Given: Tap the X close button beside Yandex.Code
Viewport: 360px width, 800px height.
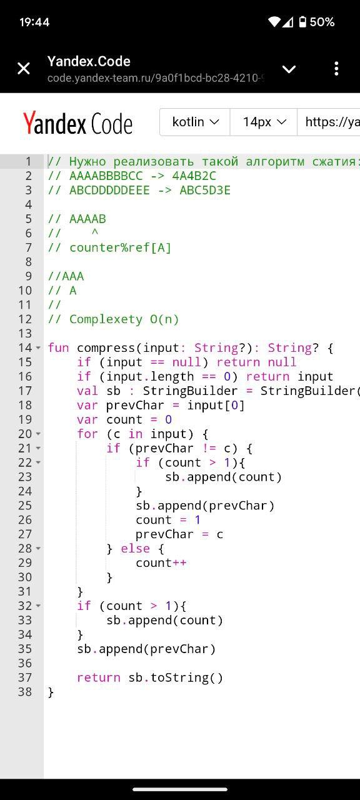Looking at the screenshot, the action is (24, 68).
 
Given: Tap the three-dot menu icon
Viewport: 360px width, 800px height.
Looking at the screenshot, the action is (336, 68).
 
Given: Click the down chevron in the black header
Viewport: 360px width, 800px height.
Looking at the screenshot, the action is (289, 69).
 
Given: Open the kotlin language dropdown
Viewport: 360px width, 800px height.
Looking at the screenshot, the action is (195, 122).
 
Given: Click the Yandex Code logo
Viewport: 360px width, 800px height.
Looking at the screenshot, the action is (78, 123).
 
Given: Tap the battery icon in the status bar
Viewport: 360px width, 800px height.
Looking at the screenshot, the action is (302, 22).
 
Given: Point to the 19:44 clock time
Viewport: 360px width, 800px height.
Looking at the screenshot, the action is (34, 22).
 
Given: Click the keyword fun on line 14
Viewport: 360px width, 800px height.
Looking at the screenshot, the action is (58, 347).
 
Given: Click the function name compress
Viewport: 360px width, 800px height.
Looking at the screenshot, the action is (106, 348).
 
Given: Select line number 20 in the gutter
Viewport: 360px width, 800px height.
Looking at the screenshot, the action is (25, 434).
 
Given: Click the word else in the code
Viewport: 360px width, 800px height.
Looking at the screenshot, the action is (135, 548).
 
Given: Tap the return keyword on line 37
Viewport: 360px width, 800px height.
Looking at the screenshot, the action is (99, 677).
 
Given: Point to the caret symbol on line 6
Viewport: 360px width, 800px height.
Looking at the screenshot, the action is (94, 232).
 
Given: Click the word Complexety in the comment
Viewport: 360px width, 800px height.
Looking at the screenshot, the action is (106, 319).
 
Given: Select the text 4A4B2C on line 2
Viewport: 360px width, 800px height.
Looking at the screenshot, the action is (194, 176).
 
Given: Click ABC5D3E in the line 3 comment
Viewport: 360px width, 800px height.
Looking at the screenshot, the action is (205, 191).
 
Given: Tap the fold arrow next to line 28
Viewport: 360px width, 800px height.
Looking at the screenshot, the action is (38, 548).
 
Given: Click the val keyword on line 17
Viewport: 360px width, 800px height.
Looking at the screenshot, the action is (87, 391).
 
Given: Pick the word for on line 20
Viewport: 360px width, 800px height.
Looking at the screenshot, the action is (87, 434).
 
